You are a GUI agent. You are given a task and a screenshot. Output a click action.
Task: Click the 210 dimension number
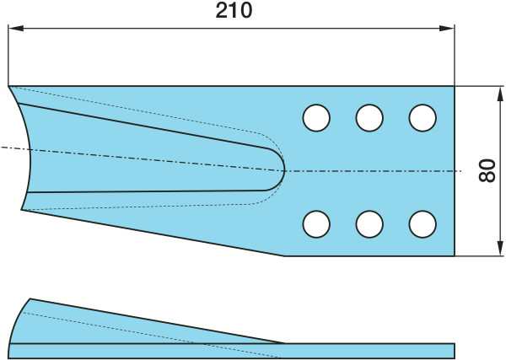coord(234,11)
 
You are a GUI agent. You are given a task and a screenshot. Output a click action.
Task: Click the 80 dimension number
coord(486,171)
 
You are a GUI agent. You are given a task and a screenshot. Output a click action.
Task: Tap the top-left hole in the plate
coord(316,118)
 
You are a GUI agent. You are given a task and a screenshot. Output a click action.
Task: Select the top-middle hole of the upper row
coord(369,118)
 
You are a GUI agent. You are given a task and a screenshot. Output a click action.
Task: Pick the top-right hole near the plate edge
coord(422,118)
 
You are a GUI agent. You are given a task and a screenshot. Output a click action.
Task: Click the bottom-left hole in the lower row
coord(316,224)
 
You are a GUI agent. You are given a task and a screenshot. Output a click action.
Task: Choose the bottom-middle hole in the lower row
coord(369,224)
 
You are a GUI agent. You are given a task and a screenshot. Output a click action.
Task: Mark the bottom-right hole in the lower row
coord(422,224)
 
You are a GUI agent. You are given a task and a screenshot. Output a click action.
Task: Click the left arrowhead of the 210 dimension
coord(13,29)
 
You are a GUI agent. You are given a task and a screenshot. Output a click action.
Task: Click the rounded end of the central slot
coord(283,170)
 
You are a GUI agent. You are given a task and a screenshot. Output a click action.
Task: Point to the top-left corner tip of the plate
coord(8,86)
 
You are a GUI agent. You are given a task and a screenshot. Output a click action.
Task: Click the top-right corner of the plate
coord(455,86)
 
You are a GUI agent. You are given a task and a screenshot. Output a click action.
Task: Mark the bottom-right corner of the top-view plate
coord(455,255)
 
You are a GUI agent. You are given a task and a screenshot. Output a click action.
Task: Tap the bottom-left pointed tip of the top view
coord(22,209)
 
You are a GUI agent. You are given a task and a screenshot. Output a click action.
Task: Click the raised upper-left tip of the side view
coord(31,299)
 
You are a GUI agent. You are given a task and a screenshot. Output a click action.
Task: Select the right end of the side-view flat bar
coord(454,350)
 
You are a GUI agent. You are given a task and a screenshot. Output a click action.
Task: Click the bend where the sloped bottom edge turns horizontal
coord(284,255)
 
